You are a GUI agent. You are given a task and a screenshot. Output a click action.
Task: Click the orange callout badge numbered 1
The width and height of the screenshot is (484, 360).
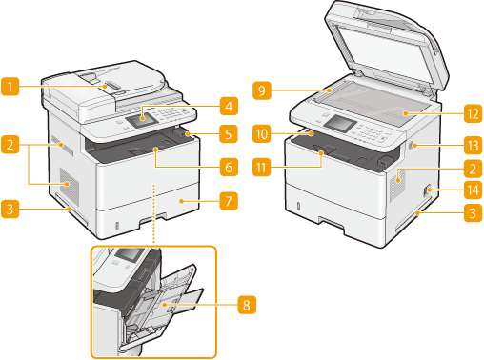pos(10,87)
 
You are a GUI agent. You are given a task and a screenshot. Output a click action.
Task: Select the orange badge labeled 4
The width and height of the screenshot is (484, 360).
pos(229,106)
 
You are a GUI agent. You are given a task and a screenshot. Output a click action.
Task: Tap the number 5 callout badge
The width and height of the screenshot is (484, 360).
pos(229,133)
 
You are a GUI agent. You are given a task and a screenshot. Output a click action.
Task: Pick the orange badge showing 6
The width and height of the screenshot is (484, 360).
pos(229,167)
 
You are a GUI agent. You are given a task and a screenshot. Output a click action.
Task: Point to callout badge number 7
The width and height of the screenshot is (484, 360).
pos(229,201)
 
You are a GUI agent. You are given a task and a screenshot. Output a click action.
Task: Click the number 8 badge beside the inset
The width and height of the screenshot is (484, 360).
pos(247,305)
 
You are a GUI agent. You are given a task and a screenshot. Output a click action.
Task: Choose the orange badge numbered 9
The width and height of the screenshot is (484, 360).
pos(262,90)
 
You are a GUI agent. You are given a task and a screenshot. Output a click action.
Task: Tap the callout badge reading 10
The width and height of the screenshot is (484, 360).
pos(262,133)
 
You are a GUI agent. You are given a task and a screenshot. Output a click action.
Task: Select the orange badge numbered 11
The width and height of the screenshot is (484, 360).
pos(261,167)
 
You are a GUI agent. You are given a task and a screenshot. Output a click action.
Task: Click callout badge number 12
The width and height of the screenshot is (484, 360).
pos(474,113)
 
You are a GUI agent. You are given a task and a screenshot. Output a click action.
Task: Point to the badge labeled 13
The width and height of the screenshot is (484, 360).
pos(474,146)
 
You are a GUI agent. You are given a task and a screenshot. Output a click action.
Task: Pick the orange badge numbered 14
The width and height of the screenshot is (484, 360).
pos(474,190)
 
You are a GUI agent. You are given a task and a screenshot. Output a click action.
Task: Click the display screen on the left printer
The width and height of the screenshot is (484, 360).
pos(141,120)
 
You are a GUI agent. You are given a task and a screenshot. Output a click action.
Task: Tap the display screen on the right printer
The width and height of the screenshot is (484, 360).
pos(340,123)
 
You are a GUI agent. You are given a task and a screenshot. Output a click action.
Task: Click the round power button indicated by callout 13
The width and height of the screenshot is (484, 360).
pos(410,146)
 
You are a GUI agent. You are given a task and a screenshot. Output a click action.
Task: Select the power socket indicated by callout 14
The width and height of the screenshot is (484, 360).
pos(427,190)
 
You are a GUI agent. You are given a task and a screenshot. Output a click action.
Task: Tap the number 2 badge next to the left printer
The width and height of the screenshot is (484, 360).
pos(10,145)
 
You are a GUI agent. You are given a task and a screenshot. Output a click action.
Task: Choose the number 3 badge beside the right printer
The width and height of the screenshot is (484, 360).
pos(474,212)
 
